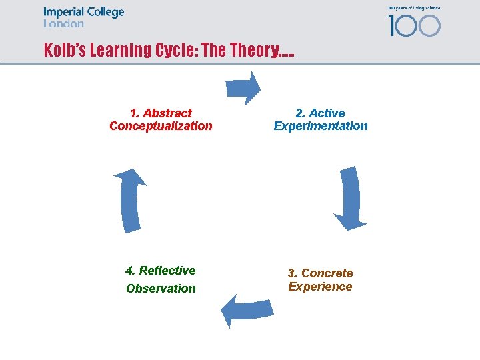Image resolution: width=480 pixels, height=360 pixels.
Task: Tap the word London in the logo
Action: coord(63,24)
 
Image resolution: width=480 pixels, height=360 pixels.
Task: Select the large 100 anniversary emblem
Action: coord(414,25)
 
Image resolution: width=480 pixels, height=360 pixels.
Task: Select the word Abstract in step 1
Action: coord(167,113)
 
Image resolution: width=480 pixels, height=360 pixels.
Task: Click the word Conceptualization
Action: coord(161,126)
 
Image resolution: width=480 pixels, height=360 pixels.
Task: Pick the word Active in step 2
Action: coord(327,113)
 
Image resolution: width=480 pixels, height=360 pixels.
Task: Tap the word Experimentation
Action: coord(321,126)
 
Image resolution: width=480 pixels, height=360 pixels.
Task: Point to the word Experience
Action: coord(320,287)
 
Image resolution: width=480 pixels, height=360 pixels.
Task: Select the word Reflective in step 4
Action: coord(167,271)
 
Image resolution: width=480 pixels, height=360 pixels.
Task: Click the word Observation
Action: coord(161,289)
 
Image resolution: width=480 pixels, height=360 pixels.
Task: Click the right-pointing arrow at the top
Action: coord(243,87)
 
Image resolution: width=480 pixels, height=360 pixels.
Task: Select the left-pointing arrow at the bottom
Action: coord(246,310)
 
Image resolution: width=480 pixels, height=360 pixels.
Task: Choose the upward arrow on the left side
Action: coord(131,200)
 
